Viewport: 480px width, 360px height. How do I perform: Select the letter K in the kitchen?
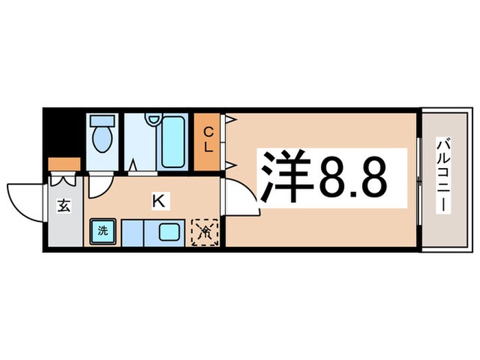(157, 201)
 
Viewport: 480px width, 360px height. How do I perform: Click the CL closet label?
(209, 140)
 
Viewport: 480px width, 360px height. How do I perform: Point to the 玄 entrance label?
(63, 207)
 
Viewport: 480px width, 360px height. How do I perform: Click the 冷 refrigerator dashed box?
(204, 232)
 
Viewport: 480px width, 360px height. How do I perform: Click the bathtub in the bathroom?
(175, 140)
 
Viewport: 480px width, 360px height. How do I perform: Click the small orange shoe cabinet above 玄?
(65, 165)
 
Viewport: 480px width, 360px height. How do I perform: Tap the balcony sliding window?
(418, 178)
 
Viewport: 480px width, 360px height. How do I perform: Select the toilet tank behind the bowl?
(103, 121)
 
